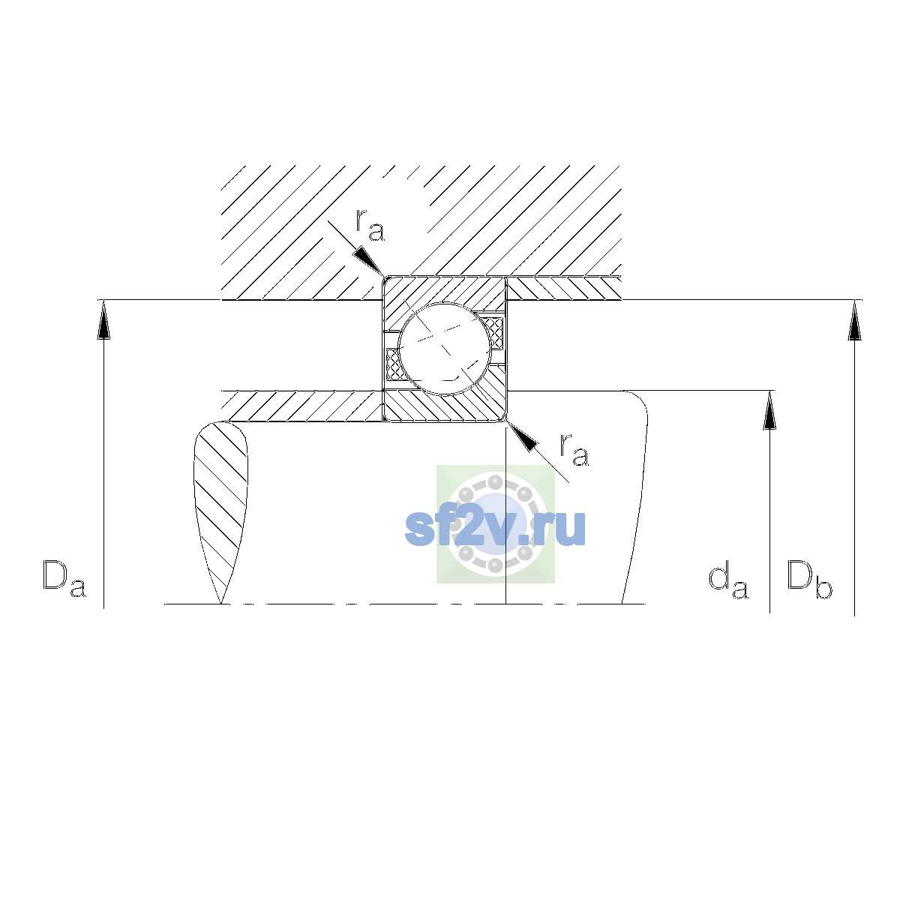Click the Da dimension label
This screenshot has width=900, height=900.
pyautogui.click(x=64, y=579)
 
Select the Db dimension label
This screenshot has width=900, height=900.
pyautogui.click(x=808, y=579)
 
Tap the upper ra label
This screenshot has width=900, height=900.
pyautogui.click(x=370, y=226)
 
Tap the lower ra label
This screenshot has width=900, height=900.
pyautogui.click(x=574, y=450)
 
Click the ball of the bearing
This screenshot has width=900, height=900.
pyautogui.click(x=445, y=349)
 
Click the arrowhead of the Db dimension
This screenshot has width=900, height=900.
pyautogui.click(x=854, y=320)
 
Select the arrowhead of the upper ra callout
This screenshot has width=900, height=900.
pyautogui.click(x=368, y=260)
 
